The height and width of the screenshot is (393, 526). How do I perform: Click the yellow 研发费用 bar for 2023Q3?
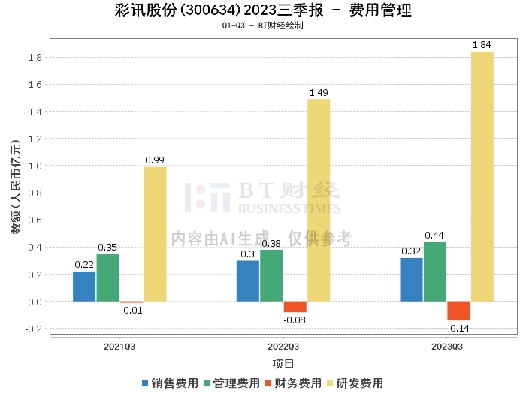(x=482, y=176)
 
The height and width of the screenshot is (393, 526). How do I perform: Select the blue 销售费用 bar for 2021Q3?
(x=84, y=286)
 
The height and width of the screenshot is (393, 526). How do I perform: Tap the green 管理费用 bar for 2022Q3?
(x=271, y=275)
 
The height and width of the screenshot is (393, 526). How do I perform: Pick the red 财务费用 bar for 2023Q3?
(x=458, y=310)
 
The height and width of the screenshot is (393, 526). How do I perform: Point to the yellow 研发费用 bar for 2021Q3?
(x=155, y=234)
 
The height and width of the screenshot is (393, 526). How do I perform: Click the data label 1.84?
(x=482, y=45)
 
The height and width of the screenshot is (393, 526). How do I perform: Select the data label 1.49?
(x=319, y=93)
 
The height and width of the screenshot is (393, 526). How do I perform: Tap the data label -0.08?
(x=295, y=320)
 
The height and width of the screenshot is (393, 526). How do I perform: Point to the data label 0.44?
(x=435, y=235)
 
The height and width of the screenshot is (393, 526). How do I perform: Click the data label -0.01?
(x=131, y=310)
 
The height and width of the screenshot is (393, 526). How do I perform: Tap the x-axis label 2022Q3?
(x=283, y=346)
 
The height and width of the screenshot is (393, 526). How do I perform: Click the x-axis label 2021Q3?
(x=119, y=346)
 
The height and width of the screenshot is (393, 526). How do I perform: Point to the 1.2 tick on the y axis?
(x=34, y=139)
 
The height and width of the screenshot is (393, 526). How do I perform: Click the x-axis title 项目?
(x=283, y=364)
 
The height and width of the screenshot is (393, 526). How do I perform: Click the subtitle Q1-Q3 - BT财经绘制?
(x=262, y=25)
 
